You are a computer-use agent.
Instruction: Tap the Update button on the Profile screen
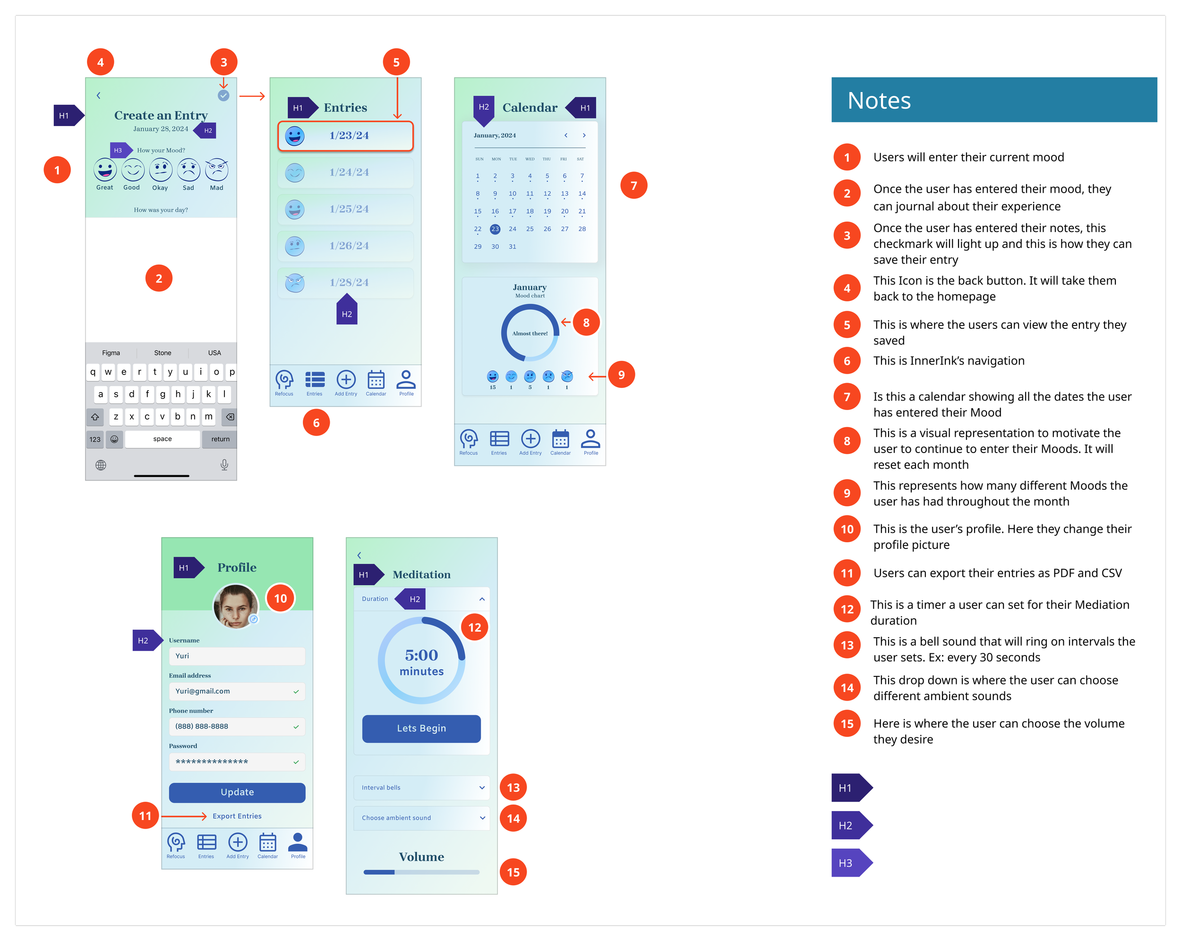click(x=237, y=792)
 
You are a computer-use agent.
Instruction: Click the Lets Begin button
click(x=421, y=728)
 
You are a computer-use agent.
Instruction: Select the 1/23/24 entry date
click(x=349, y=135)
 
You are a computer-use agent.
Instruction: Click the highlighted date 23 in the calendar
click(x=495, y=229)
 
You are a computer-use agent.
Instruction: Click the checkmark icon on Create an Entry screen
click(x=223, y=95)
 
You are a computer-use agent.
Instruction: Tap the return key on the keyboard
click(x=220, y=439)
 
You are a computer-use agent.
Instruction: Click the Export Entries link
click(x=237, y=816)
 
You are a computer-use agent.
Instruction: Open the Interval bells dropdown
click(x=421, y=787)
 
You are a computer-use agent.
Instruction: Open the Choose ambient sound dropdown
click(x=421, y=818)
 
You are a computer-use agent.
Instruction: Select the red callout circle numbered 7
click(x=634, y=185)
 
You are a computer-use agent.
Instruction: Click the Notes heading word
click(x=879, y=101)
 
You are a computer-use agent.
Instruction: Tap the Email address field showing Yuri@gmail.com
click(x=237, y=691)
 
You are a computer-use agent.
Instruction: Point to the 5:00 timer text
click(x=421, y=655)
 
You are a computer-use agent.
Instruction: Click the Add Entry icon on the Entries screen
click(x=346, y=381)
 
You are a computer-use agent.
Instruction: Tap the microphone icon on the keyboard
click(x=224, y=465)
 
